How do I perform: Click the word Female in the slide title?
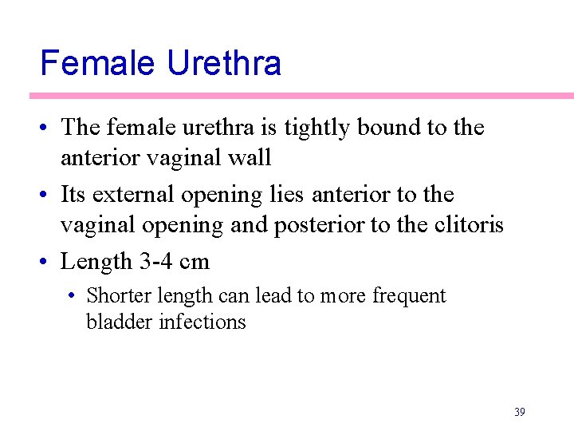point(99,63)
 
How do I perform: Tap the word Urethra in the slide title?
point(224,63)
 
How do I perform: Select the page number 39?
point(519,412)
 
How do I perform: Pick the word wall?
point(250,158)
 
